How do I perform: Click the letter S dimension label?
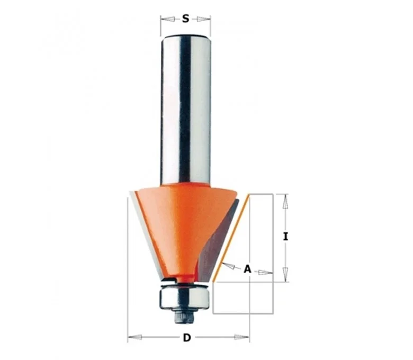pos(186,19)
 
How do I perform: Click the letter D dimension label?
pos(187,337)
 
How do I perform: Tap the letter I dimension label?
pos(285,237)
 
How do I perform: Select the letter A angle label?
pos(247,269)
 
